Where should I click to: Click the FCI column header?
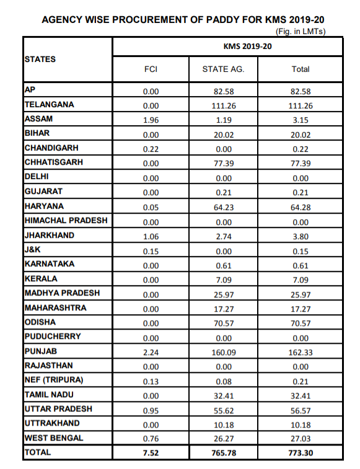point(151,69)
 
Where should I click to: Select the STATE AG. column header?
point(223,69)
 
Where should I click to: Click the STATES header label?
point(40,59)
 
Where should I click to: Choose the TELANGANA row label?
point(49,104)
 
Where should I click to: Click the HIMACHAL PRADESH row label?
point(66,221)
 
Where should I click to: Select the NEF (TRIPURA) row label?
point(53,380)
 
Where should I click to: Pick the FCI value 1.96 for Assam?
point(151,120)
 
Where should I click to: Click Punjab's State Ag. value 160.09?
point(223,352)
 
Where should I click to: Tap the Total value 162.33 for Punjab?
point(301,352)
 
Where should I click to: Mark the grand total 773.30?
point(301,454)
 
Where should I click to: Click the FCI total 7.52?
point(151,454)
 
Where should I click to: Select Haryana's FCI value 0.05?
point(151,207)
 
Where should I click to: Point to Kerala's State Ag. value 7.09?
point(223,279)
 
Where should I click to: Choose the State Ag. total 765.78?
point(223,454)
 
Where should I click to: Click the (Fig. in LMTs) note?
point(300,31)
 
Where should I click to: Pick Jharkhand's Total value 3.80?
point(301,236)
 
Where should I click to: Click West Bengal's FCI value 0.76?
point(151,439)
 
